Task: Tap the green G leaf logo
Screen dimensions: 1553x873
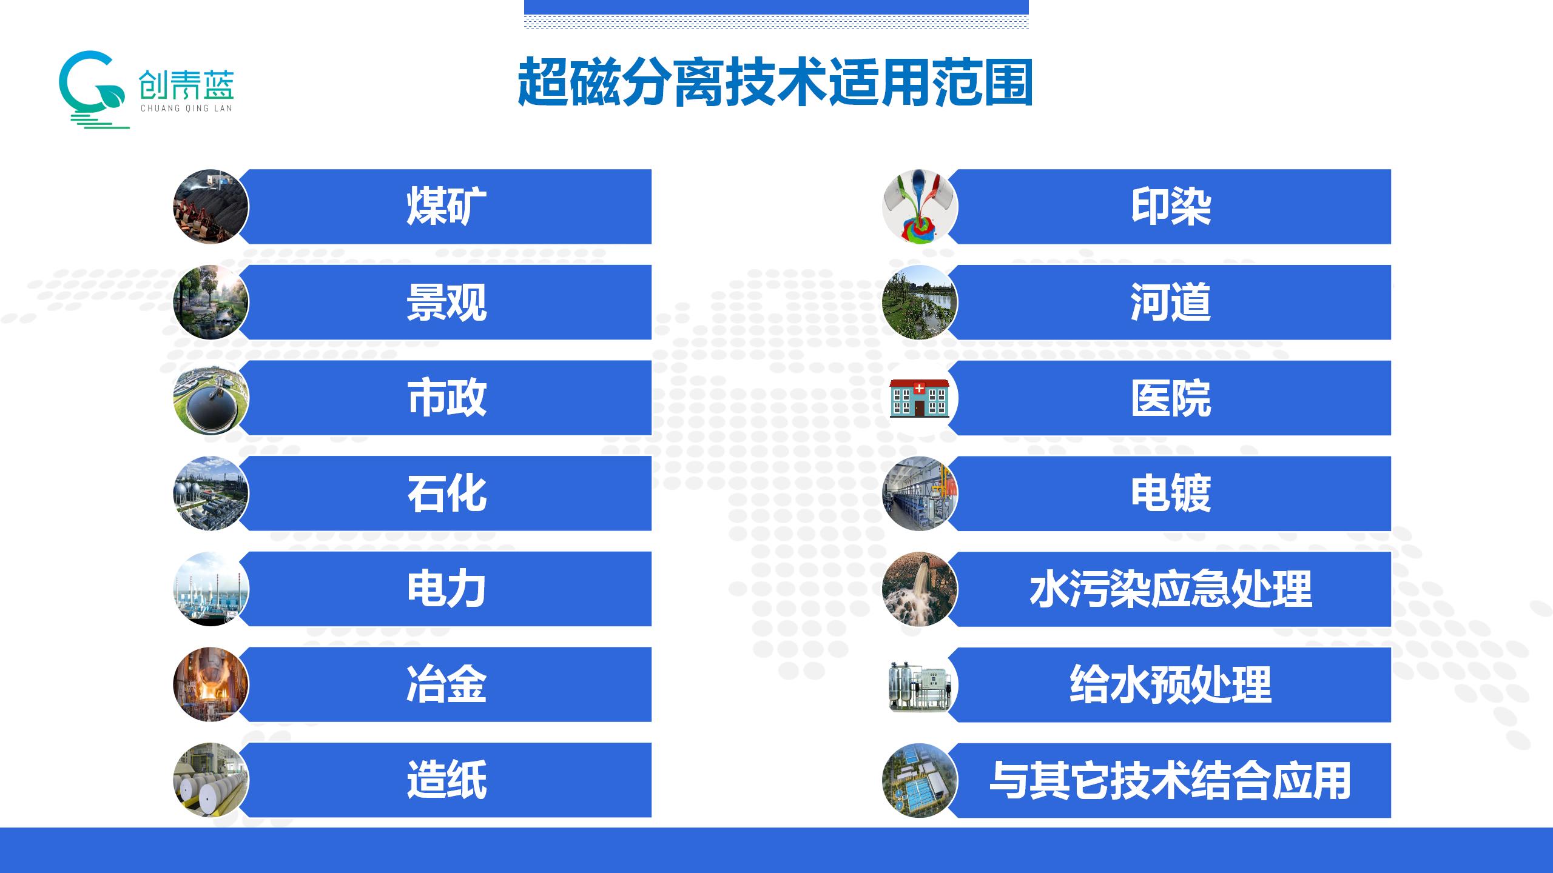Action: pyautogui.click(x=94, y=90)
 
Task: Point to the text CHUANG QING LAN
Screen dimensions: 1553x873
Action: pyautogui.click(x=186, y=109)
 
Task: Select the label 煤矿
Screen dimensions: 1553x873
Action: pyautogui.click(x=446, y=207)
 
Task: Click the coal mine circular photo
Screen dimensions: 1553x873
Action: pyautogui.click(x=211, y=207)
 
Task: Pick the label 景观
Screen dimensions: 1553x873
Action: pyautogui.click(x=446, y=302)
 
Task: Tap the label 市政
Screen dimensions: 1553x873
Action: pyautogui.click(x=446, y=398)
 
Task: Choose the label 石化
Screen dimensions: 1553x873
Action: pyautogui.click(x=446, y=493)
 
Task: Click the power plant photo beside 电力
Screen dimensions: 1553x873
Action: pyautogui.click(x=211, y=589)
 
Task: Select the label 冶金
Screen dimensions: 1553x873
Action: pyautogui.click(x=446, y=684)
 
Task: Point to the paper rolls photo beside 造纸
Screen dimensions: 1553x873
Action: pyautogui.click(x=211, y=780)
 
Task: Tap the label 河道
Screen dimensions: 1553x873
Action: pyautogui.click(x=1170, y=302)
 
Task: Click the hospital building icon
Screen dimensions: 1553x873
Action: pyautogui.click(x=919, y=399)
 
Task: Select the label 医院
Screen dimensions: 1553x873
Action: pyautogui.click(x=1170, y=398)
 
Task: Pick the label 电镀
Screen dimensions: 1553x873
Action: pyautogui.click(x=1170, y=493)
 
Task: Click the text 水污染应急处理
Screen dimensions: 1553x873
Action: pyautogui.click(x=1170, y=589)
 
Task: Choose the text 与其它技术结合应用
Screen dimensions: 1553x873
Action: pyautogui.click(x=1170, y=780)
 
